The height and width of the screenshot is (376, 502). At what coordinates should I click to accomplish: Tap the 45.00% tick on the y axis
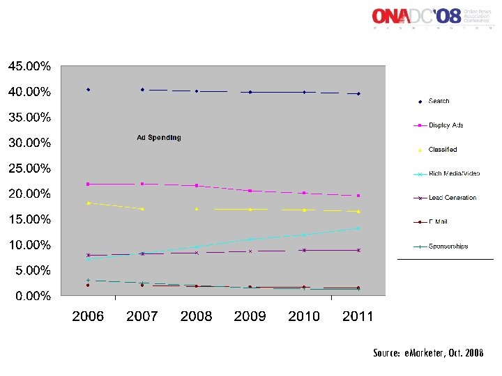click(29, 67)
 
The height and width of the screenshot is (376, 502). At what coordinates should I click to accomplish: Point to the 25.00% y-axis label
click(29, 169)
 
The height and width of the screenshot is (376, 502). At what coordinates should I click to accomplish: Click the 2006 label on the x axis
click(88, 317)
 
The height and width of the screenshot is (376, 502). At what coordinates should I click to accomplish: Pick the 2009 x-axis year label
click(250, 317)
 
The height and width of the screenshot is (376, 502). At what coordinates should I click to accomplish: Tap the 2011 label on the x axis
click(358, 317)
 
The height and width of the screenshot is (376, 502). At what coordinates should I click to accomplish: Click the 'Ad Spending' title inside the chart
click(158, 138)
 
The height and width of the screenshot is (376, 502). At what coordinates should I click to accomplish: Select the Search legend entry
click(439, 102)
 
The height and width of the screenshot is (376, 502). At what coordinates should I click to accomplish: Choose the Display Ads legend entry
click(446, 125)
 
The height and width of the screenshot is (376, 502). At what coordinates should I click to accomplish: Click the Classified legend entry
click(443, 150)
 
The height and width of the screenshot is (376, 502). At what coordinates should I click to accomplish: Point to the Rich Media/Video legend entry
click(454, 173)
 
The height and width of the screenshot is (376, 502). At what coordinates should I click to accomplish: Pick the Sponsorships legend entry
click(448, 246)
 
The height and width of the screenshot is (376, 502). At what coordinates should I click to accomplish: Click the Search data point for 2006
click(88, 90)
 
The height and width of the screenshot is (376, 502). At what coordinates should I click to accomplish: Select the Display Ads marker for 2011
click(358, 196)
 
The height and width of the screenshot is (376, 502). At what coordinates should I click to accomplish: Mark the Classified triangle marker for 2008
click(197, 208)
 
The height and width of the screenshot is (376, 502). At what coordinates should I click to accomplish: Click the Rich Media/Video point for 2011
click(358, 228)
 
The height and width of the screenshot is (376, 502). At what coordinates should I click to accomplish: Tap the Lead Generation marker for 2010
click(304, 250)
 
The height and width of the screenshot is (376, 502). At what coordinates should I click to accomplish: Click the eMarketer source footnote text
click(428, 353)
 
